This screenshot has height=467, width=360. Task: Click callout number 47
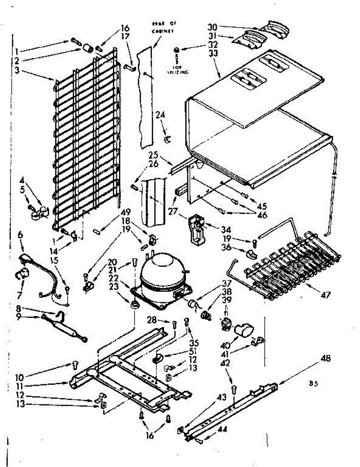[x=325, y=295]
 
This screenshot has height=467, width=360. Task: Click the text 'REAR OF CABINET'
[x=163, y=27]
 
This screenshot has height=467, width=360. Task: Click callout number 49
[x=126, y=212]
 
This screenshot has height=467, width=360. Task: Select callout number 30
[x=212, y=28]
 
